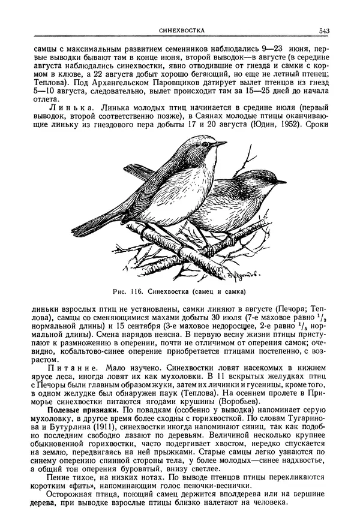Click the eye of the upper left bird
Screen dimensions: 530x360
(206, 144)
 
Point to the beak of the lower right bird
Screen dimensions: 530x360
(281, 180)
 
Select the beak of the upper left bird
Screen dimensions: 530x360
(221, 144)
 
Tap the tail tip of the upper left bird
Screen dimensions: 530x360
(77, 231)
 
